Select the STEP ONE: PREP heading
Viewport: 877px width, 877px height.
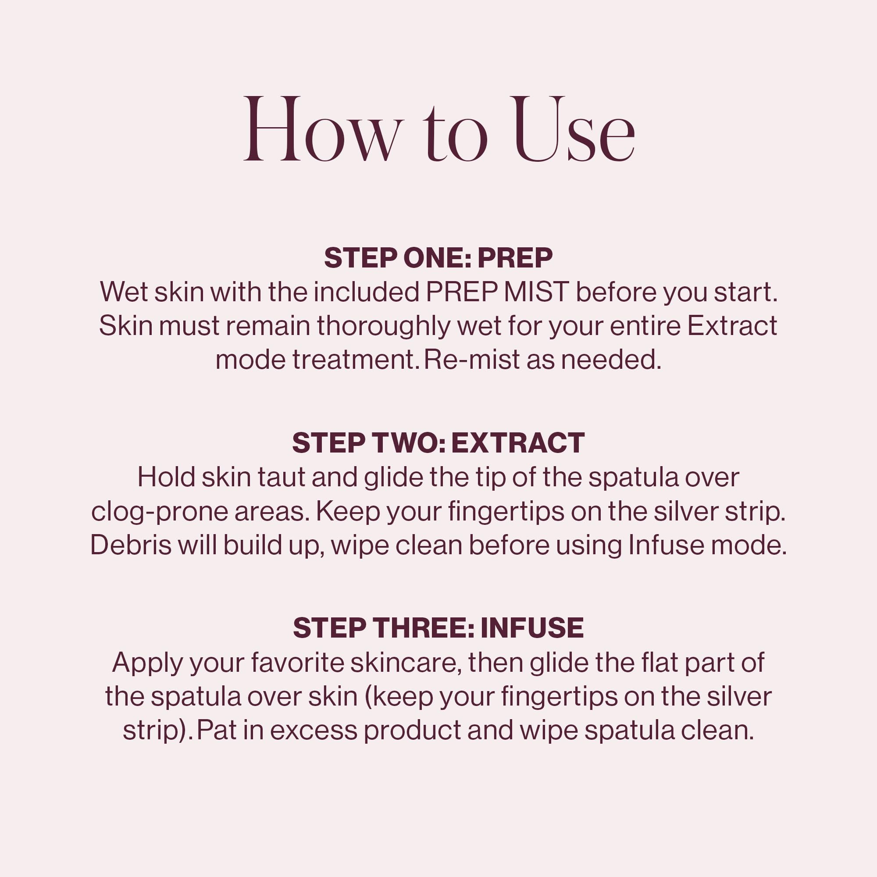pyautogui.click(x=438, y=258)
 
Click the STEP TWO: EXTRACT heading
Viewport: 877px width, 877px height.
pyautogui.click(x=438, y=443)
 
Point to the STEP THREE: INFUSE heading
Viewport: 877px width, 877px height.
pyautogui.click(x=438, y=628)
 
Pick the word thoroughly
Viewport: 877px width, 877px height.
pyautogui.click(x=384, y=325)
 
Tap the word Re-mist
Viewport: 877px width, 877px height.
pyautogui.click(x=472, y=360)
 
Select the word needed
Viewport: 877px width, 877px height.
pyautogui.click(x=611, y=360)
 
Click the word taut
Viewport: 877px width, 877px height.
pyautogui.click(x=282, y=477)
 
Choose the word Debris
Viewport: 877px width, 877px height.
pyautogui.click(x=131, y=545)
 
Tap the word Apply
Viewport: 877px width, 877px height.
pyautogui.click(x=147, y=663)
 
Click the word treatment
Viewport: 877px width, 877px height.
pyautogui.click(x=354, y=360)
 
